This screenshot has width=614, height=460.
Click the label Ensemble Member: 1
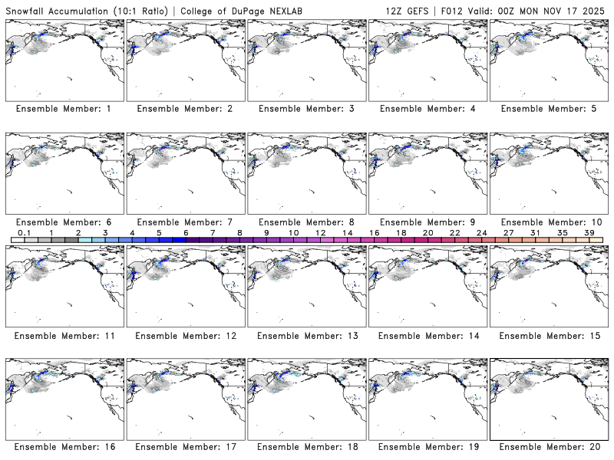click(x=63, y=109)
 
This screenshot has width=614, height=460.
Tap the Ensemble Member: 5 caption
click(x=548, y=109)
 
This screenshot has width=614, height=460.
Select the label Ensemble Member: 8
click(x=305, y=222)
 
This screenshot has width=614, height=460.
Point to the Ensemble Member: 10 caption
click(x=548, y=222)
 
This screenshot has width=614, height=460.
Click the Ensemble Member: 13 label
click(x=305, y=336)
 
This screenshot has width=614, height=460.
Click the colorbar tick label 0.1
click(x=24, y=232)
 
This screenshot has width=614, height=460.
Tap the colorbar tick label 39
click(x=589, y=232)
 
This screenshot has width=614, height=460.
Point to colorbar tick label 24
click(x=481, y=232)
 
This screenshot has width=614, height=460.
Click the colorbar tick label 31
click(x=535, y=232)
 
